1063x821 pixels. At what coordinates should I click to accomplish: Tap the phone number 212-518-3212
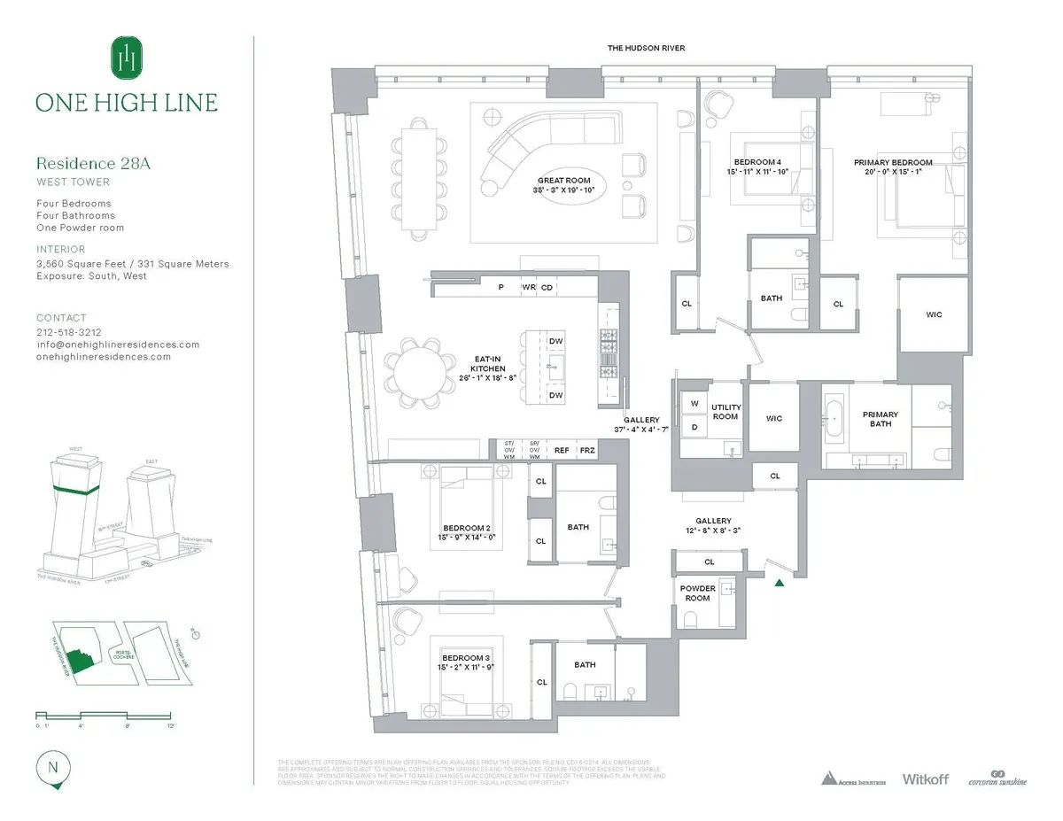[x=67, y=331]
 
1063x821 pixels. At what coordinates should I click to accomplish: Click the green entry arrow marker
[x=779, y=582]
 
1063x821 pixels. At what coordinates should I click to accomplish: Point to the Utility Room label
[x=725, y=411]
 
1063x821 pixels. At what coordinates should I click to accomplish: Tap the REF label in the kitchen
[x=562, y=450]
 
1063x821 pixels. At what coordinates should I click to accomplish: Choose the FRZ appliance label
[x=587, y=450]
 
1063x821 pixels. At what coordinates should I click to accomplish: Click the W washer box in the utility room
[x=694, y=404]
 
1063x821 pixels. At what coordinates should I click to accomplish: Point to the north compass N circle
[x=52, y=767]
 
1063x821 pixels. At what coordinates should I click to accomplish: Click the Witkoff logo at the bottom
[x=925, y=778]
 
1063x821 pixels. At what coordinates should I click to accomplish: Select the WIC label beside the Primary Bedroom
[x=934, y=314]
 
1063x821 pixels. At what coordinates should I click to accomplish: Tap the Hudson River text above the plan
[x=646, y=48]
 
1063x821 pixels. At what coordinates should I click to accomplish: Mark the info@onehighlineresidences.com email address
[x=118, y=344]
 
